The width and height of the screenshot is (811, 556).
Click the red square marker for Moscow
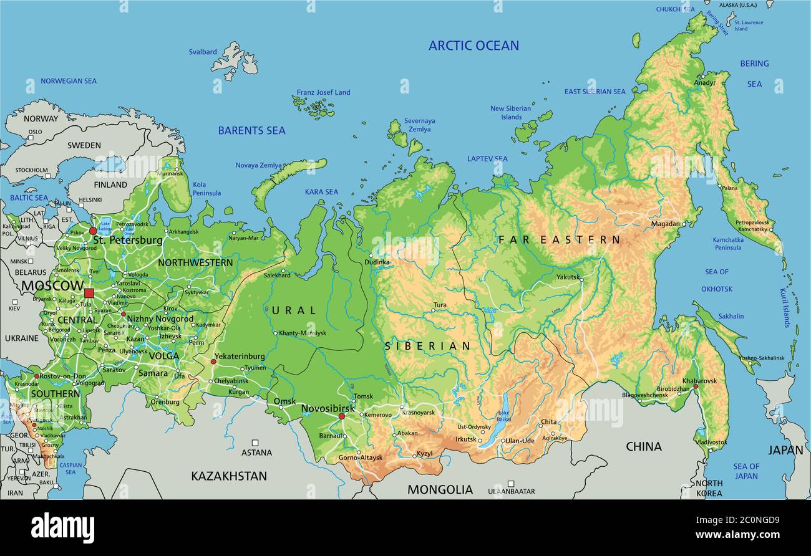[x=89, y=293]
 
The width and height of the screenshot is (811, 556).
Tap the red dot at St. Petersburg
[x=93, y=231]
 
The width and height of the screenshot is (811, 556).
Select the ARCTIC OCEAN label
[x=473, y=46]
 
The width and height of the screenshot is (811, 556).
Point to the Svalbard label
[x=203, y=52]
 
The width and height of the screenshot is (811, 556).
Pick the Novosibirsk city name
[x=328, y=408]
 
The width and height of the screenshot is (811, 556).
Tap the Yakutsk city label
[x=568, y=277]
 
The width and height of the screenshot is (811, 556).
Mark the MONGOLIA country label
[x=440, y=490]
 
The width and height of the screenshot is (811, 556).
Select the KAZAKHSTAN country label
[x=229, y=476]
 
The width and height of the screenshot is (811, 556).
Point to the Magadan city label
[x=666, y=224]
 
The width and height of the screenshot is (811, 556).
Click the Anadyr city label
[x=705, y=83]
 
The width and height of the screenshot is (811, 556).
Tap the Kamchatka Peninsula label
[x=727, y=244]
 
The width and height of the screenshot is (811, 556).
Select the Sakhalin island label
[x=731, y=316]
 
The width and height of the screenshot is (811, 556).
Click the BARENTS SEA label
[x=251, y=131]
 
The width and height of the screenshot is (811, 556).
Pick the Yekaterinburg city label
[x=239, y=357]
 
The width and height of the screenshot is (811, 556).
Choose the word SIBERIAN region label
[x=427, y=346]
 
